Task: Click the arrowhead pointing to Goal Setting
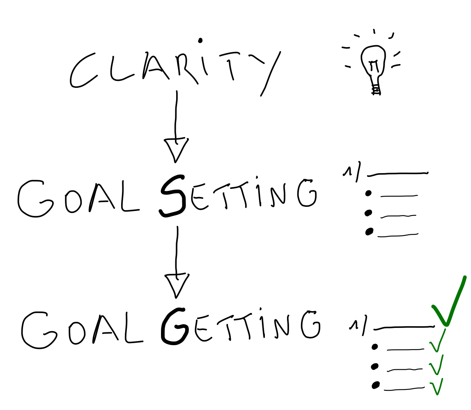pos(176,149)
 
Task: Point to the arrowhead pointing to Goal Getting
pos(177,285)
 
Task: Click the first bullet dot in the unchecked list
pos(368,193)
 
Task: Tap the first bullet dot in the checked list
pos(375,347)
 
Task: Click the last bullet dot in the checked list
pos(375,385)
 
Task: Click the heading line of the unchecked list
pos(397,174)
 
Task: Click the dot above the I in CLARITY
pos(200,40)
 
